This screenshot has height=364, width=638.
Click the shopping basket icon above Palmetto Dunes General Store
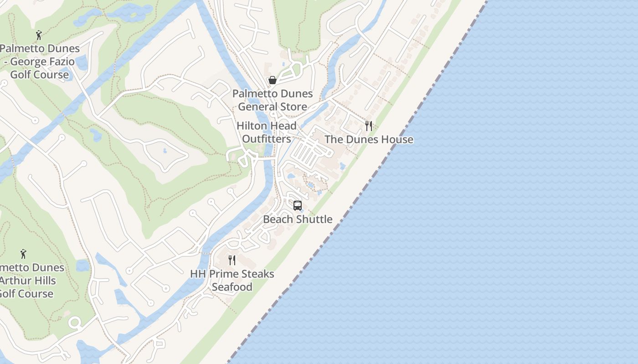[273, 81]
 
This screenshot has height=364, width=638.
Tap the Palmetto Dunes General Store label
[273, 100]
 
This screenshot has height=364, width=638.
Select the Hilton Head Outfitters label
[267, 132]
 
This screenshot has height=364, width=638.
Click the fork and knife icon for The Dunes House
[369, 126]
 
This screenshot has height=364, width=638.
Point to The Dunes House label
[369, 139]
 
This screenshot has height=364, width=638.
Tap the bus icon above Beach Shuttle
[298, 206]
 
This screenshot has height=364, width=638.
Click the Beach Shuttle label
[298, 219]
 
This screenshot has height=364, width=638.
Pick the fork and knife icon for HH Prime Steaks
[232, 260]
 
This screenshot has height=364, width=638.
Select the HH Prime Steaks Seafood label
[232, 280]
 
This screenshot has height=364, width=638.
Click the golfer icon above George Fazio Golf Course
[39, 35]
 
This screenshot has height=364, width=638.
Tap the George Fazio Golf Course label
[40, 61]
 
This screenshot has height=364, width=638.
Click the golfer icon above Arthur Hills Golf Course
[23, 254]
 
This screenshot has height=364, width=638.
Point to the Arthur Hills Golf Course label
[27, 280]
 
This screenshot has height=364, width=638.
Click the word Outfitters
[267, 139]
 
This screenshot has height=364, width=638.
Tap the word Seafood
[232, 287]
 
